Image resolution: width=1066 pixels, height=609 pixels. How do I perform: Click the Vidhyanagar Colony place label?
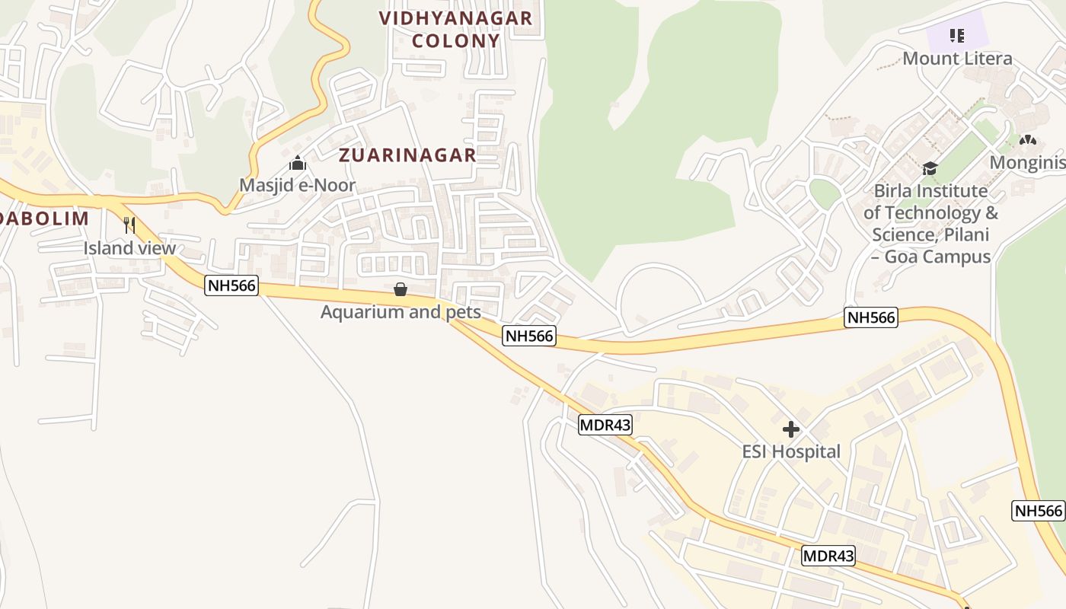pyautogui.click(x=455, y=29)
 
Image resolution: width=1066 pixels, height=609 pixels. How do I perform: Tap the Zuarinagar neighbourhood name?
pyautogui.click(x=407, y=155)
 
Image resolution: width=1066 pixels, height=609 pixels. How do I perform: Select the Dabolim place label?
pyautogui.click(x=44, y=218)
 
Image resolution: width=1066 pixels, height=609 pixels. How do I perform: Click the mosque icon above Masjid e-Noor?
pyautogui.click(x=297, y=164)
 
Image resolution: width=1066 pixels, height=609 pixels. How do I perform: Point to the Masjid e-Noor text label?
pyautogui.click(x=297, y=185)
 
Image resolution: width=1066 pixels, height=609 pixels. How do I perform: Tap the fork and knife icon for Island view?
pyautogui.click(x=129, y=225)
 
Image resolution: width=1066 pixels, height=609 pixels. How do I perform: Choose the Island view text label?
pyautogui.click(x=129, y=248)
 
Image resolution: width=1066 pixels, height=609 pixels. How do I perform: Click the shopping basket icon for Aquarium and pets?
pyautogui.click(x=401, y=289)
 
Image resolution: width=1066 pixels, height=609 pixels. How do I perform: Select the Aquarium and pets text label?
pyautogui.click(x=401, y=312)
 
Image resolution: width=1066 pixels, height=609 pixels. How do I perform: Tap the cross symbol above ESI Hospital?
pyautogui.click(x=791, y=429)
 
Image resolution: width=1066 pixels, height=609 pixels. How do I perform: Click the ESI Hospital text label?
pyautogui.click(x=791, y=452)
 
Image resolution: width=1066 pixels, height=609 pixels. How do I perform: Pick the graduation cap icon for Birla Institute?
pyautogui.click(x=930, y=168)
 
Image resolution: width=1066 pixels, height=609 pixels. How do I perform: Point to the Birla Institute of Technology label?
pyautogui.click(x=930, y=223)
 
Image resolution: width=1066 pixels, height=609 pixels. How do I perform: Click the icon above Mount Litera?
pyautogui.click(x=957, y=35)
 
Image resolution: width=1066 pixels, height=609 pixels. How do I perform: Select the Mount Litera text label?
pyautogui.click(x=957, y=59)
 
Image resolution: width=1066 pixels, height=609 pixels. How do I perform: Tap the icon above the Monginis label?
pyautogui.click(x=1028, y=140)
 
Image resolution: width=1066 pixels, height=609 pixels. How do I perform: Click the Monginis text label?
pyautogui.click(x=1027, y=162)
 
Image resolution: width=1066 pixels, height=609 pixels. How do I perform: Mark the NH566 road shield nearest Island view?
pyautogui.click(x=231, y=286)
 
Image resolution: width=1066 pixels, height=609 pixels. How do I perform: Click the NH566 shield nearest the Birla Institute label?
pyautogui.click(x=870, y=317)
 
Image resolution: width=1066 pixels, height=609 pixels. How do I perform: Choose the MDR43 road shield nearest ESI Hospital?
pyautogui.click(x=605, y=425)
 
